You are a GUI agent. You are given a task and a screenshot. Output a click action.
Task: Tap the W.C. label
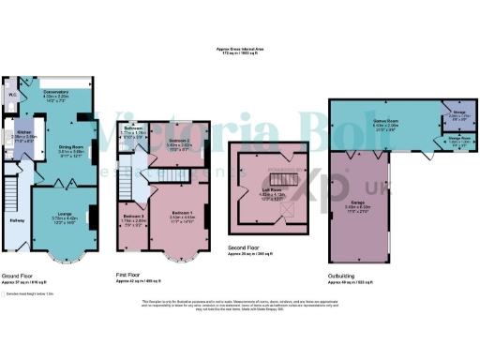pos(12,95)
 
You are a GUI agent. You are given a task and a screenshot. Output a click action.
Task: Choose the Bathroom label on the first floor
pos(130,130)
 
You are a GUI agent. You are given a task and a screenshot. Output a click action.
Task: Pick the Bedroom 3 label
pos(130,217)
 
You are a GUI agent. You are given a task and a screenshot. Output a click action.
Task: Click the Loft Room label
pos(272,194)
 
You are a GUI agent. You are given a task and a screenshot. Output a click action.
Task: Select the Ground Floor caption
pos(20,275)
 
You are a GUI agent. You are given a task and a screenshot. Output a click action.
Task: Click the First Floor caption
pos(129,275)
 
